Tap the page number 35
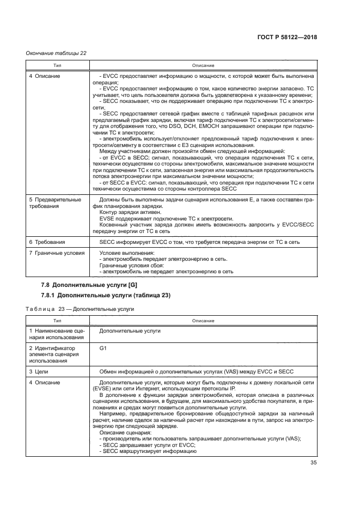click(313, 463)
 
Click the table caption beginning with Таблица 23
click(80, 309)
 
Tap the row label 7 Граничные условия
click(56, 253)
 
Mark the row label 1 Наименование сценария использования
click(56, 334)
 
